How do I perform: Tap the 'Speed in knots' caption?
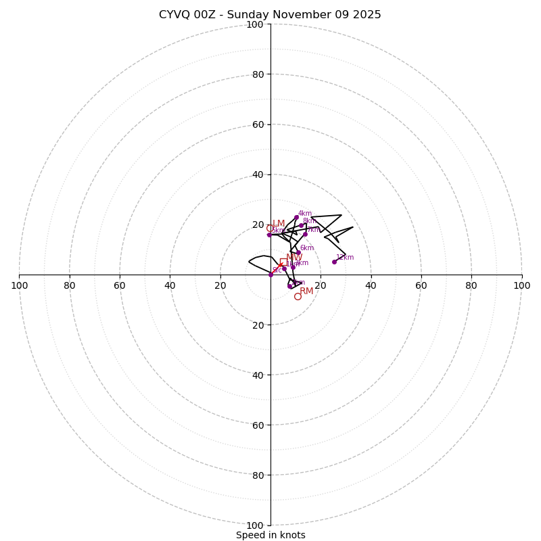[x=270, y=535]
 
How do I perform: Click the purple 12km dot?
[x=334, y=262]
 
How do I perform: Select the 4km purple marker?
[x=296, y=218]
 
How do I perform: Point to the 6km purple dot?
[x=298, y=253]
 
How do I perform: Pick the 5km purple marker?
[x=269, y=235]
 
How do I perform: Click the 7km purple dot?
[x=305, y=234]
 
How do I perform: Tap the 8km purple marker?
[x=302, y=226]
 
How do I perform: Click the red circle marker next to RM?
[x=298, y=296]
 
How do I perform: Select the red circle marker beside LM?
[x=269, y=228]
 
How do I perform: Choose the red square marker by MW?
[x=283, y=262]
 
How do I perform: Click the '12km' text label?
[x=345, y=257]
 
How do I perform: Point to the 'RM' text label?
[x=306, y=291]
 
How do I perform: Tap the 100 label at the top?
[x=255, y=24]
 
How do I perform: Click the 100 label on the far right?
[x=521, y=285]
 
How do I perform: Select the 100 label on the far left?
[x=20, y=285]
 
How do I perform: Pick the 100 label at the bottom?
[x=255, y=525]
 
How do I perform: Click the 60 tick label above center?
[x=258, y=124]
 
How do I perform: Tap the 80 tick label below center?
[x=258, y=475]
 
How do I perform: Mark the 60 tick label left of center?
[x=120, y=285]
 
